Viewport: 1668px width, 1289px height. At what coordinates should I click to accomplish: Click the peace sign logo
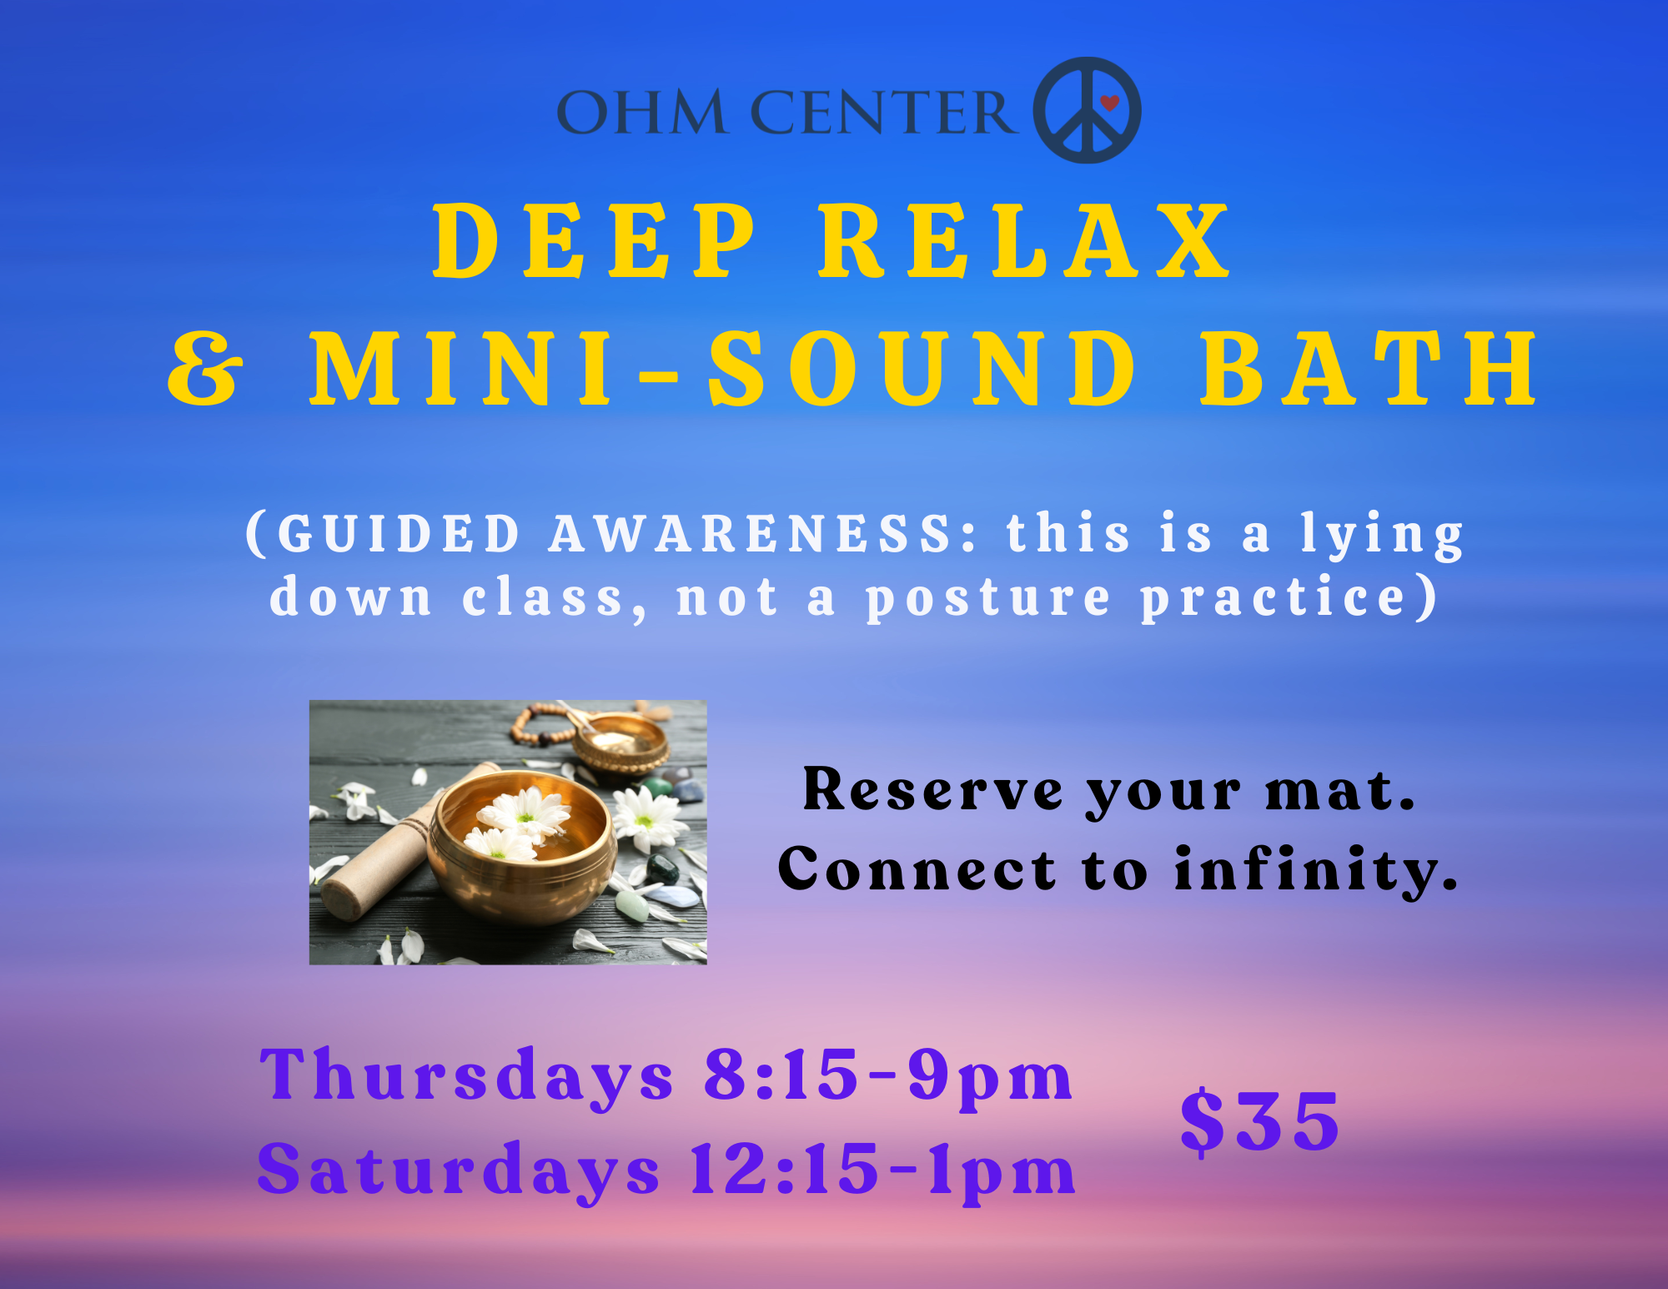pos(1087,110)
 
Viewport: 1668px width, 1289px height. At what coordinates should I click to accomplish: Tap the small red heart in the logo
pos(1109,103)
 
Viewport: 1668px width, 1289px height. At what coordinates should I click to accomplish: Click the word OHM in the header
pos(641,112)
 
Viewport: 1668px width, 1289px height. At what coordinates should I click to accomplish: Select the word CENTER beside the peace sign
pos(884,112)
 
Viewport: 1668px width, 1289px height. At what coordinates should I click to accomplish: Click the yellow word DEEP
pos(595,241)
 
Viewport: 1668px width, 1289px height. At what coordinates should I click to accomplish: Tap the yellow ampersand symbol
pos(205,369)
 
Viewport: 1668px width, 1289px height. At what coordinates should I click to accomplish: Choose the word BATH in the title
pos(1369,369)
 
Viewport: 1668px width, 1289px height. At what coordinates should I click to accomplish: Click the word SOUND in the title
pos(923,369)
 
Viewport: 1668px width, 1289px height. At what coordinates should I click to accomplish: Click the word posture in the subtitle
pos(988,599)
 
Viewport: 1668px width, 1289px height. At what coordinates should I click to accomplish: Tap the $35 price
pos(1260,1122)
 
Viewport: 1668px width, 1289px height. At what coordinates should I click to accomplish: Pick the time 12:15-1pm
pos(883,1170)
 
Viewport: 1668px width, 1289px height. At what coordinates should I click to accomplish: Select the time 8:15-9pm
pos(888,1075)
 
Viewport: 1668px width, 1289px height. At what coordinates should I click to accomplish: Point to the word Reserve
pos(933,790)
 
